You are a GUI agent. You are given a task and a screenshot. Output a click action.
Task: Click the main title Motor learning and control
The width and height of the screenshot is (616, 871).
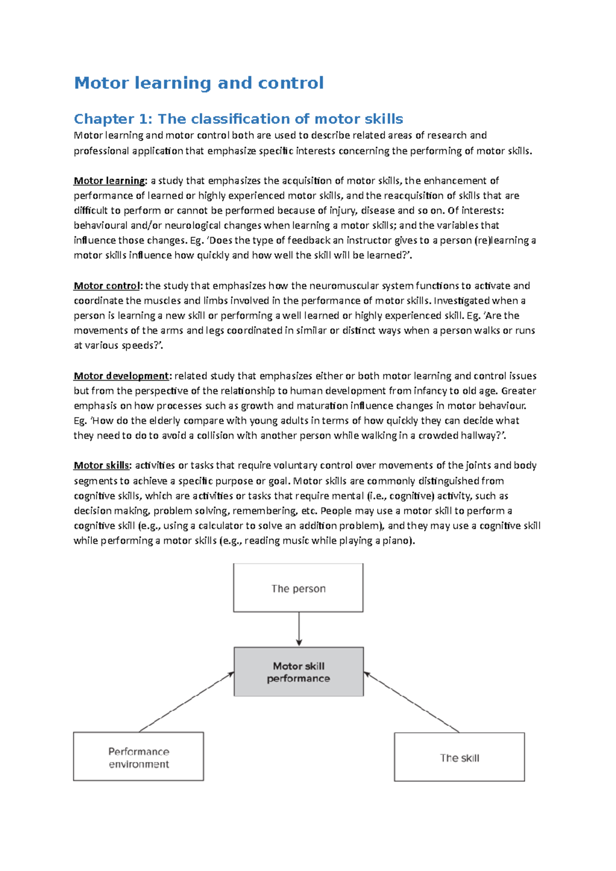pos(199,83)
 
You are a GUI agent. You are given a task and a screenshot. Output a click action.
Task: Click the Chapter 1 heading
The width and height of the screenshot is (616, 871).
pos(238,119)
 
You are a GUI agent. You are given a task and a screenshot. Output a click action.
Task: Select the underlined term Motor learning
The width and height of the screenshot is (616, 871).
pos(109,181)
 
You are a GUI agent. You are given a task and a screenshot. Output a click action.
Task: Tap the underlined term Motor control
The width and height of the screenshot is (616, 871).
pos(106,286)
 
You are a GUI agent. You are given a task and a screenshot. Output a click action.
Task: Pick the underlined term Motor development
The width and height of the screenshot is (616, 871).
pos(121,376)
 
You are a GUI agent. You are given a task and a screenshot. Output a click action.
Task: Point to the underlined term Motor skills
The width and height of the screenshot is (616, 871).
pos(101,466)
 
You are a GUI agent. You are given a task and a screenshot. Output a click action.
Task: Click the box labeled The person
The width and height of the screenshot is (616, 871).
pos(298,588)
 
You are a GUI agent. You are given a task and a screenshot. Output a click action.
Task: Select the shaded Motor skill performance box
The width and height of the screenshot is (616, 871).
pos(298,671)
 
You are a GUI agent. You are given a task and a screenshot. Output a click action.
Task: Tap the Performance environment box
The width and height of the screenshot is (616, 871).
pos(139,757)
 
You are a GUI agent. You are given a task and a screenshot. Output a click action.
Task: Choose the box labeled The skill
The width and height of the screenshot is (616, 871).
pos(459,758)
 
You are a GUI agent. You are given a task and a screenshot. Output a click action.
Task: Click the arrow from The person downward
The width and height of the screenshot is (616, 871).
pos(299,629)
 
